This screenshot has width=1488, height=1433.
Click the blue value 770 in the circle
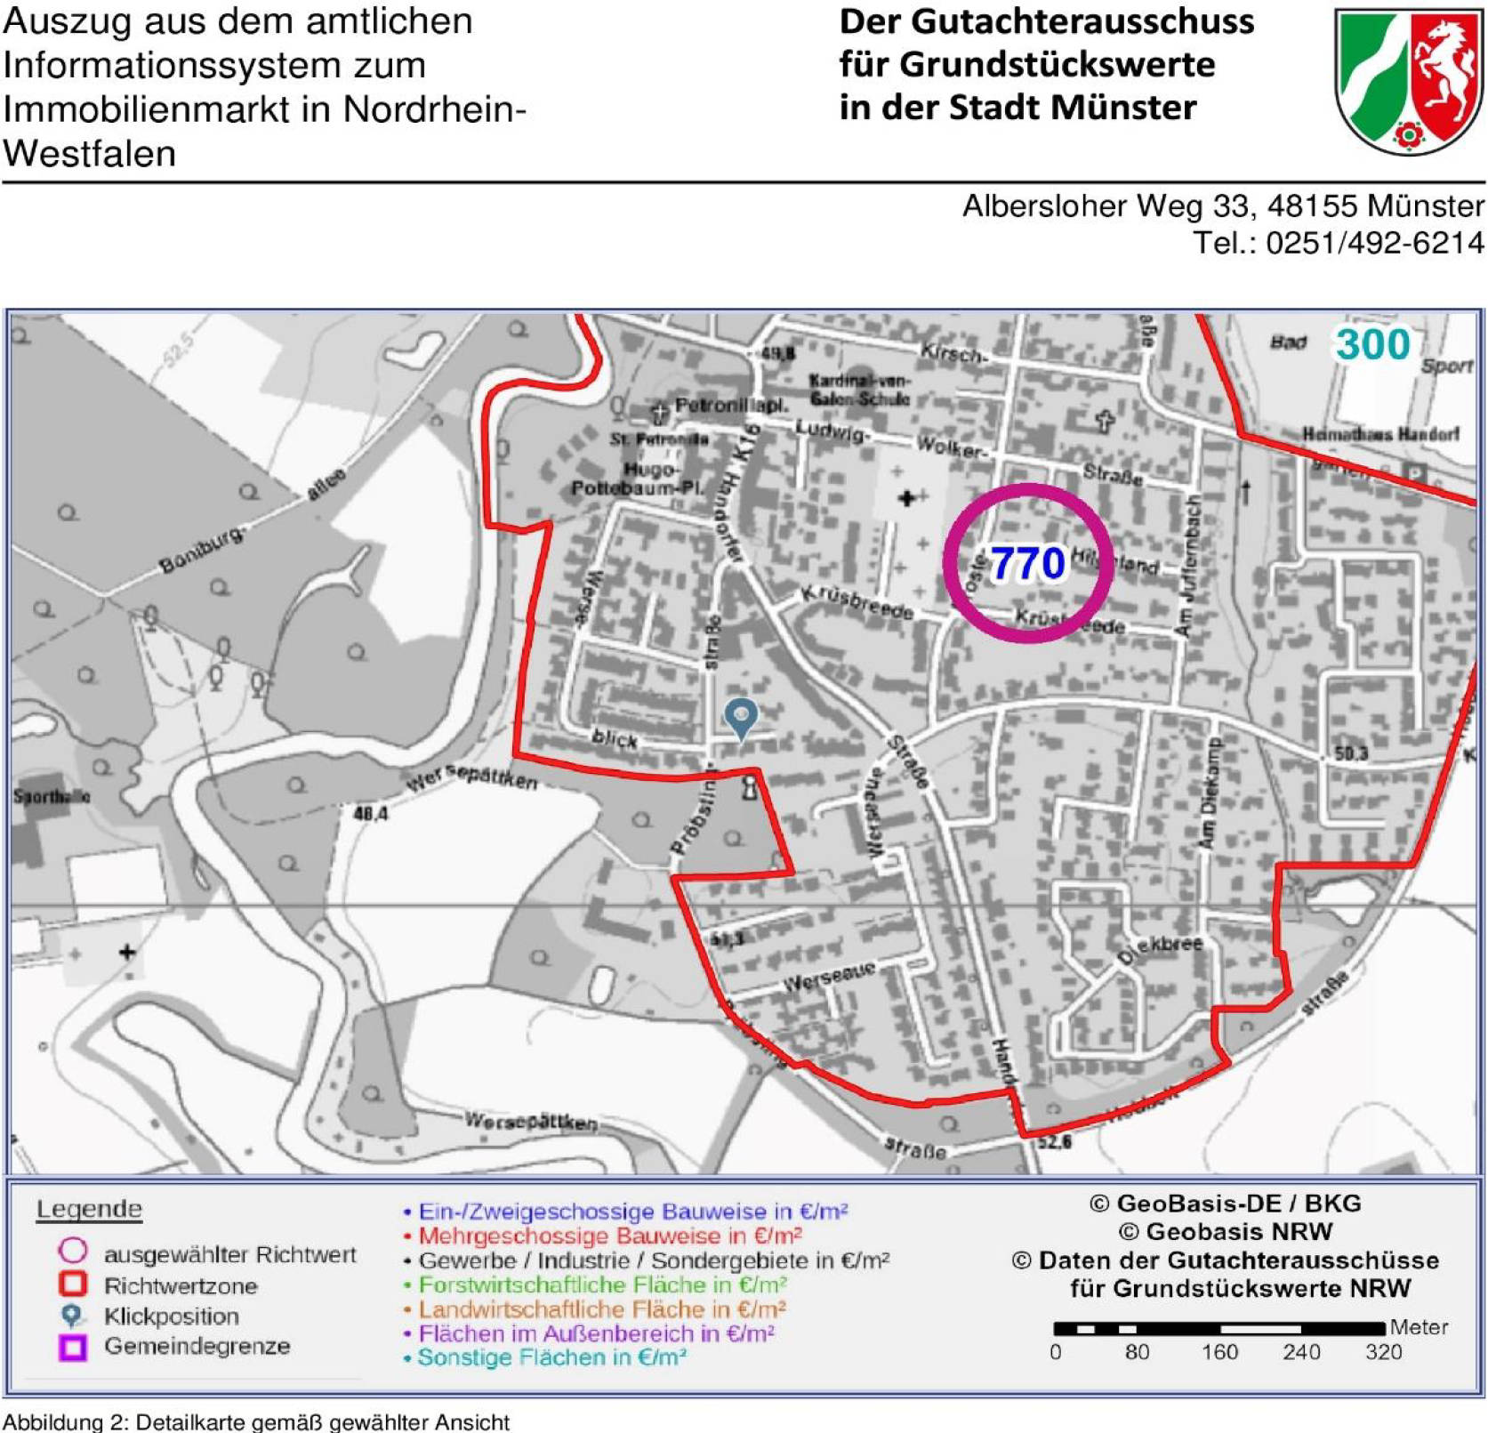[1027, 563]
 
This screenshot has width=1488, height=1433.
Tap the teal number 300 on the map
[1372, 344]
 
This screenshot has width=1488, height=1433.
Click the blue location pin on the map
[741, 717]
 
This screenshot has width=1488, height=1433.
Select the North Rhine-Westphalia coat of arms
[1408, 81]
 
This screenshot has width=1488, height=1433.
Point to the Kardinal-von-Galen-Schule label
[858, 390]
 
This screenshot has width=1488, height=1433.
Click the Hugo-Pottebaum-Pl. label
[637, 479]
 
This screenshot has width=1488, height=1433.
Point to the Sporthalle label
[51, 796]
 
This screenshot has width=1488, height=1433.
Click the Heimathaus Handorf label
[1380, 434]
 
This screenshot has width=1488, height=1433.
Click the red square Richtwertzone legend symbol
[73, 1284]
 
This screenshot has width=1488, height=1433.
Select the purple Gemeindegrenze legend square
[73, 1347]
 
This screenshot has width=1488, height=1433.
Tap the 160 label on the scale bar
[1219, 1353]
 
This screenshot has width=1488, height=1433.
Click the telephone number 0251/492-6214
[1374, 243]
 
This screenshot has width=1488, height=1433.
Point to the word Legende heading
[89, 1209]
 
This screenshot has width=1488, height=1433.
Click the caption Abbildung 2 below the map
[256, 1421]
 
